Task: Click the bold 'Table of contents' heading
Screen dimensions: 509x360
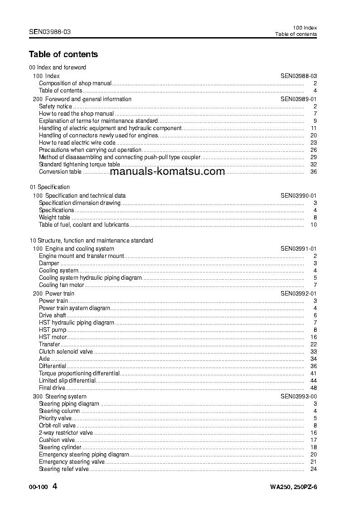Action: (63, 54)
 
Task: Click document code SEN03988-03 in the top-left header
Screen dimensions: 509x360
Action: (50, 32)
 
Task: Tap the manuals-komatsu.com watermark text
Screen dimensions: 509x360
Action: (167, 172)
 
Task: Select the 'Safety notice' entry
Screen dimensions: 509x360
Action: (55, 107)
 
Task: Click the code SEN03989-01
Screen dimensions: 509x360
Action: (298, 99)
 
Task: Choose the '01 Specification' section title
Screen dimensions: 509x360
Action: (50, 187)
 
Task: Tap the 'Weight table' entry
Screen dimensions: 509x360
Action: (54, 218)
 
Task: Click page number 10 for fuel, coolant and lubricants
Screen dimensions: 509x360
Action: (313, 225)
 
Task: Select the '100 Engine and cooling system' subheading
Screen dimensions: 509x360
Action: (73, 249)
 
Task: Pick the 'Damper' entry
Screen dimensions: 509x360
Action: (49, 263)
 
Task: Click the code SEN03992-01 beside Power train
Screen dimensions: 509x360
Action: (298, 293)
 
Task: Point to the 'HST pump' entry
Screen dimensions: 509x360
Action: (53, 330)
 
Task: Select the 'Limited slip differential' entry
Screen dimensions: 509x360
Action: (67, 381)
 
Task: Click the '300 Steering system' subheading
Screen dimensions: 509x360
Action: (60, 397)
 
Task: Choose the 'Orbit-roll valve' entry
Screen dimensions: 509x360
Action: (57, 426)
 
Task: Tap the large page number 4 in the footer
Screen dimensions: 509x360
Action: (55, 486)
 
